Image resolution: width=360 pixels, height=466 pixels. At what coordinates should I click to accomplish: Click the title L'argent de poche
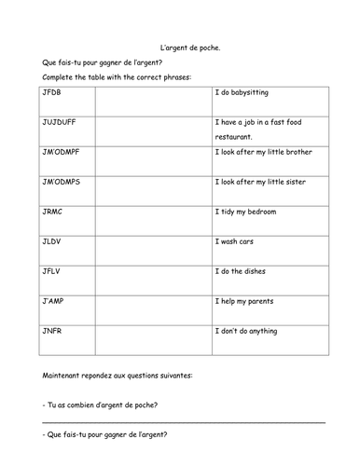[180, 47]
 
